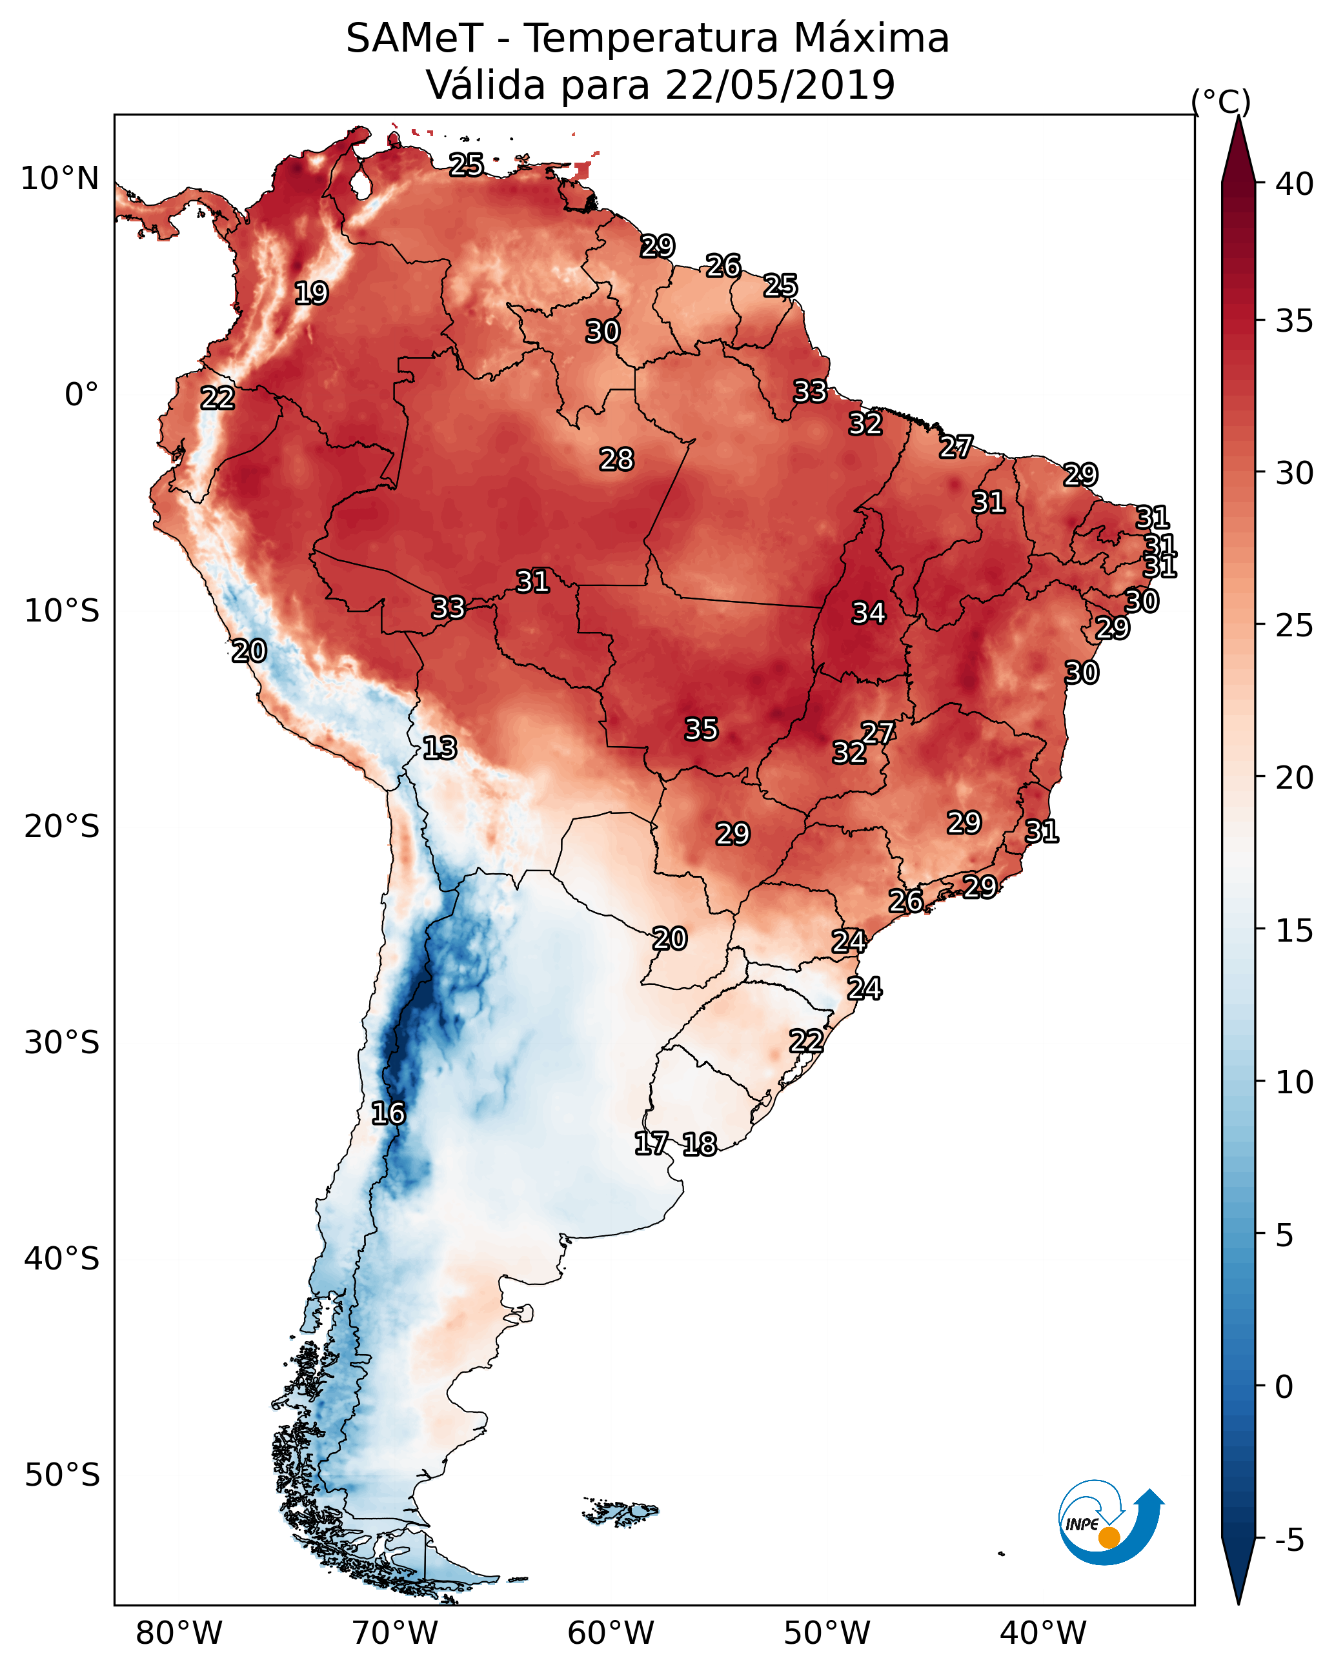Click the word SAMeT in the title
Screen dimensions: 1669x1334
(414, 39)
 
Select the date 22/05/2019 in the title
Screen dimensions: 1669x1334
(779, 85)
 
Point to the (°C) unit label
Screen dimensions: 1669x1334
(1220, 101)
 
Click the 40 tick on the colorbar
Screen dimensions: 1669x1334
(1295, 184)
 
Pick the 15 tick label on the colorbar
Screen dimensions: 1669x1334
(1295, 931)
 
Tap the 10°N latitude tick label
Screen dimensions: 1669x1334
(59, 179)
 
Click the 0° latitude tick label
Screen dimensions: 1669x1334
(81, 395)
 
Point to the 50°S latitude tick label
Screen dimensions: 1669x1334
(62, 1475)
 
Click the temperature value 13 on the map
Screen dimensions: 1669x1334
(440, 748)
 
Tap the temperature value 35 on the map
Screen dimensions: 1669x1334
(702, 729)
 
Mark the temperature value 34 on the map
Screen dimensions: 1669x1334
(869, 613)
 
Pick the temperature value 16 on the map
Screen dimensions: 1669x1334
(388, 1113)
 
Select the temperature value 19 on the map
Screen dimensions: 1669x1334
(311, 294)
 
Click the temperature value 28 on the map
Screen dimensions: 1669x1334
(616, 460)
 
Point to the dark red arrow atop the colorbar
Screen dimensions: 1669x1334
(1238, 151)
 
